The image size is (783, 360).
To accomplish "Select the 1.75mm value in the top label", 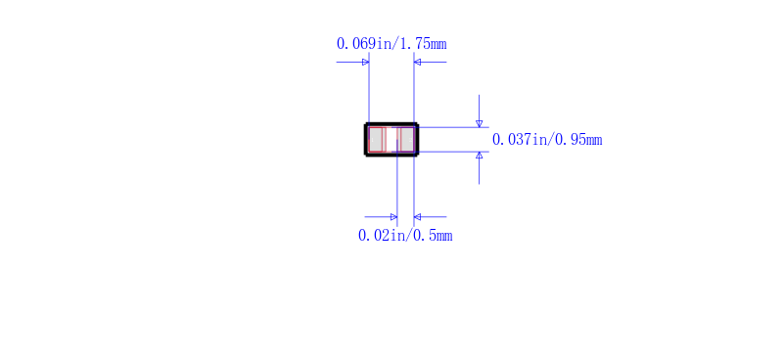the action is pos(424,43).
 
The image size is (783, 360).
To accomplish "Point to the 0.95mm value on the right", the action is pos(579,139).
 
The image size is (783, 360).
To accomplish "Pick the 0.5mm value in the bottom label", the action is pos(434,235).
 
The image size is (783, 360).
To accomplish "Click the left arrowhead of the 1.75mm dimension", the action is pos(365,63).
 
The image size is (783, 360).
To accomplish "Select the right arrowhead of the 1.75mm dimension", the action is pos(418,63).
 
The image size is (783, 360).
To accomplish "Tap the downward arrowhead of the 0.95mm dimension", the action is pos(480,124).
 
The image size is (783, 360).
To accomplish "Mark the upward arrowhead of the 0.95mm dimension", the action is pos(480,156).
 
